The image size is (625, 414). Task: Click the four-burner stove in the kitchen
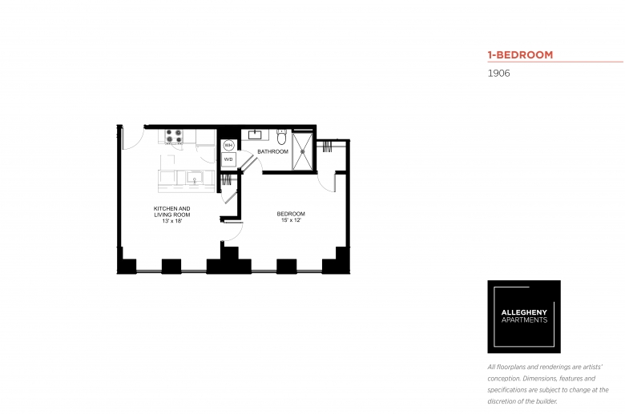(x=174, y=136)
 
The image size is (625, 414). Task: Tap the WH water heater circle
(x=228, y=145)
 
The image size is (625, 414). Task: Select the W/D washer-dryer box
(x=228, y=159)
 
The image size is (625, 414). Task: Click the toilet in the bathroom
(x=282, y=137)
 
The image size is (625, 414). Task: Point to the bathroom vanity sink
(x=255, y=135)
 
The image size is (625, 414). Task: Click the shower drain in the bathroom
(x=303, y=151)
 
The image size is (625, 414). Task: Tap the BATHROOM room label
(x=272, y=152)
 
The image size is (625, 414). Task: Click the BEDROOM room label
(x=291, y=214)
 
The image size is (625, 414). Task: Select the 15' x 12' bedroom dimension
(x=291, y=220)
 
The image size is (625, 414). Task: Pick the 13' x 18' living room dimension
(x=172, y=221)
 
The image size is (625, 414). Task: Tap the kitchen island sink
(x=195, y=177)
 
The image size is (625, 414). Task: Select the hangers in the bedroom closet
(x=327, y=147)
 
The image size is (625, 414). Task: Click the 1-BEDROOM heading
(x=520, y=55)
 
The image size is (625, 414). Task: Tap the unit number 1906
(x=498, y=74)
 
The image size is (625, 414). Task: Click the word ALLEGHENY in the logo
(x=524, y=312)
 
